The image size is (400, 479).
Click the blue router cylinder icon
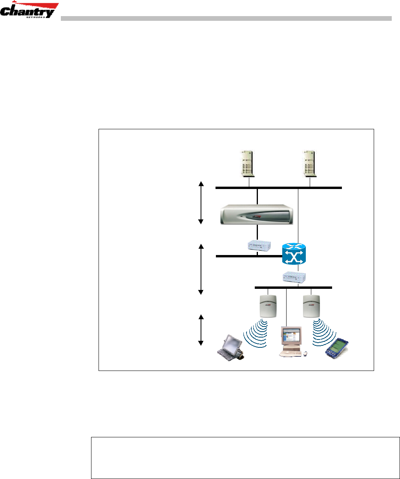294,254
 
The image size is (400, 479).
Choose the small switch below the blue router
295,277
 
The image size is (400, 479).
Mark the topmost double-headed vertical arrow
201,202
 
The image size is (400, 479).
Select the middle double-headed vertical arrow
201,269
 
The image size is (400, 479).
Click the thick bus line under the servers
279,188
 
